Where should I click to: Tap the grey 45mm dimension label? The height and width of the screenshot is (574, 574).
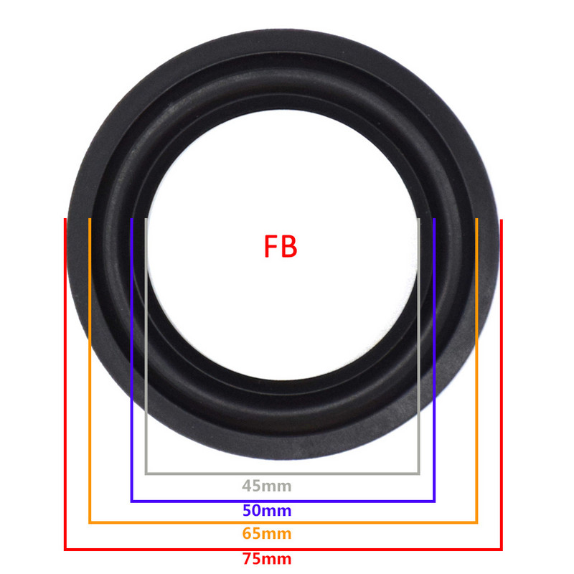tap(267, 486)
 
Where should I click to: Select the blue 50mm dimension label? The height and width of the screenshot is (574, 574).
tap(267, 511)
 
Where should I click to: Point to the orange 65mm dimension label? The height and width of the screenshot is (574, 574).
tap(267, 534)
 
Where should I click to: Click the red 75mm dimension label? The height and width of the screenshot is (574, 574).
tap(267, 558)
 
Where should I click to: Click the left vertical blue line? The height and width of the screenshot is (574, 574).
tap(131, 359)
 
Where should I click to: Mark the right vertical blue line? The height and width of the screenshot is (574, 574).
tap(435, 359)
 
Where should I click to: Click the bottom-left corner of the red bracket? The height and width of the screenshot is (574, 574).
tap(66, 550)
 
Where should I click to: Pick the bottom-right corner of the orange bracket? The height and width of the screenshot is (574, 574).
tap(476, 522)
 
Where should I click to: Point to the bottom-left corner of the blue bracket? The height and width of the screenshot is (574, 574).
tap(131, 500)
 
